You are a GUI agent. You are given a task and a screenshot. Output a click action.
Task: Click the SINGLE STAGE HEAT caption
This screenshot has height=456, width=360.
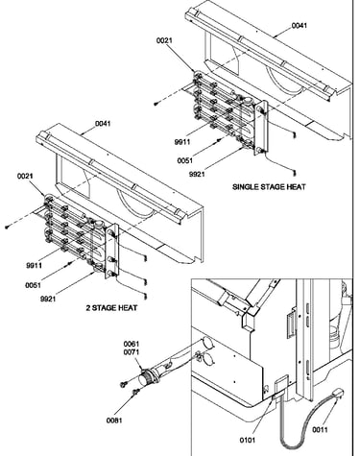coord(269,186)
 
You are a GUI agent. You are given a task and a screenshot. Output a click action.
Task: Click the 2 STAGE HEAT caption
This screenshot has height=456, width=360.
coord(111,308)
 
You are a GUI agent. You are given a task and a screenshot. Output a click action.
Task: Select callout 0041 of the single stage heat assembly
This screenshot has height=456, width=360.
coord(300,25)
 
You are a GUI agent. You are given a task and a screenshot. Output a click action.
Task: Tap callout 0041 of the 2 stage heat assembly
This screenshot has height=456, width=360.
coord(103,124)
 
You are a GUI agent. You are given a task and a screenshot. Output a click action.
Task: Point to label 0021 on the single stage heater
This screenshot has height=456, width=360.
coord(164,40)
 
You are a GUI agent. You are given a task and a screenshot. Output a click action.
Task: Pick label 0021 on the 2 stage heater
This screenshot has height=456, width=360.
coord(25,176)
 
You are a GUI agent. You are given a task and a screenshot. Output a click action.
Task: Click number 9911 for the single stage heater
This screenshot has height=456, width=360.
coord(182,142)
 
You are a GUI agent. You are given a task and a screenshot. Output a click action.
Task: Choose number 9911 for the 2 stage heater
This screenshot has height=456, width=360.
coord(34,265)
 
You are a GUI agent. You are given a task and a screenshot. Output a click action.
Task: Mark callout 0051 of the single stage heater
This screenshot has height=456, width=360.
coord(185,160)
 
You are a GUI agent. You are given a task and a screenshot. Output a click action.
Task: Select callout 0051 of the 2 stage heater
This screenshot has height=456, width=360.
coord(33,285)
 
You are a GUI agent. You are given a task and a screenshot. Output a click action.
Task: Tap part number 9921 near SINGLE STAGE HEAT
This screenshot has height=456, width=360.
coord(197,174)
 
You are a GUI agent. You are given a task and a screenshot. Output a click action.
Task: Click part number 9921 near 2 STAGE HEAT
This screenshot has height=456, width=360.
coord(48,299)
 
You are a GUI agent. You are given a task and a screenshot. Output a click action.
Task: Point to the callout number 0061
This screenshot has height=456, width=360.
coord(132,344)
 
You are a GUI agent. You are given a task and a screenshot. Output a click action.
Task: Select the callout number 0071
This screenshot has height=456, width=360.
coord(132,350)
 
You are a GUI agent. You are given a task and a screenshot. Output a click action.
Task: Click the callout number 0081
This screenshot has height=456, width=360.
coord(114,420)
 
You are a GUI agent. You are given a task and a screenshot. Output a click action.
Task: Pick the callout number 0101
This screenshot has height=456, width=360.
coord(248,441)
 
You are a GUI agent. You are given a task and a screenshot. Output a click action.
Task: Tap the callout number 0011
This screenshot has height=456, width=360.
coord(320,430)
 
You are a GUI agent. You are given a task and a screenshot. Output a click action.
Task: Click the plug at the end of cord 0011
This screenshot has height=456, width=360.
coord(338,392)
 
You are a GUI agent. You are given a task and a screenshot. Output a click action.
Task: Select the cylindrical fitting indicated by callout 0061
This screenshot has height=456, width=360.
coord(147,377)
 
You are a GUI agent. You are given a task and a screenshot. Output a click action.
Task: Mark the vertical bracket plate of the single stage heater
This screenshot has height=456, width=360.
coord(261,128)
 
